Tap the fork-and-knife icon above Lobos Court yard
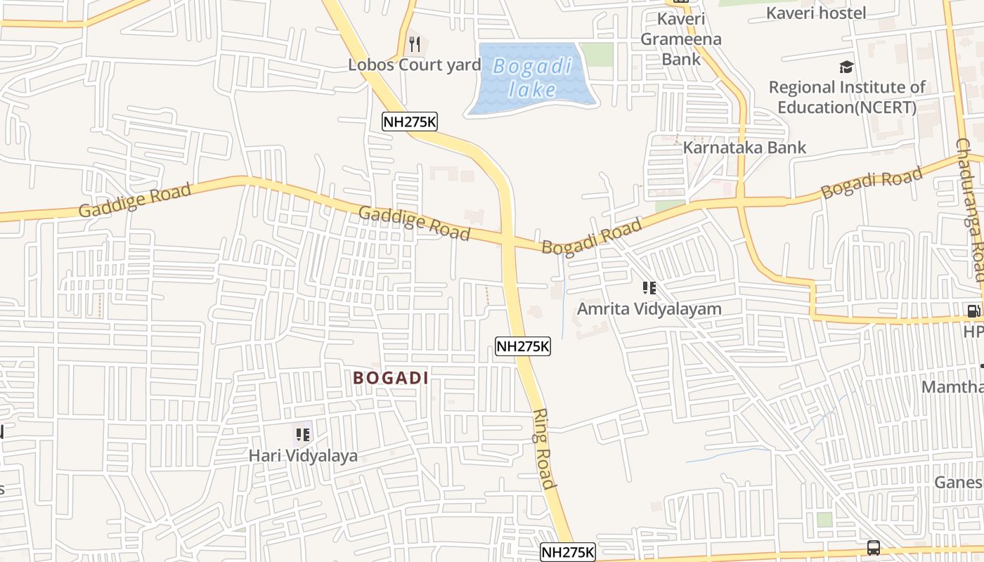point(415,45)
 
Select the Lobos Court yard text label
point(415,65)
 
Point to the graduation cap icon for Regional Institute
point(846,67)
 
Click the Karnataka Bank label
point(744,148)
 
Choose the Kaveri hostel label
point(815,13)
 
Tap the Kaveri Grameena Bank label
point(680,39)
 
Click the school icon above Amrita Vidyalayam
point(649,288)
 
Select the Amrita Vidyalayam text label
point(649,309)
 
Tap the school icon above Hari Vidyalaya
point(302,435)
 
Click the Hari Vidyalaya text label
point(303,456)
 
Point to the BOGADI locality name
point(391,378)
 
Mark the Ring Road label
point(545,448)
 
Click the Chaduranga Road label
point(970,209)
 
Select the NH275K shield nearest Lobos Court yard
point(410,122)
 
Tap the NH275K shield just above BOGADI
point(522,346)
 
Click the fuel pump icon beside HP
point(973,311)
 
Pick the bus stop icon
point(874,547)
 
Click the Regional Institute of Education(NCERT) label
point(846,98)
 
